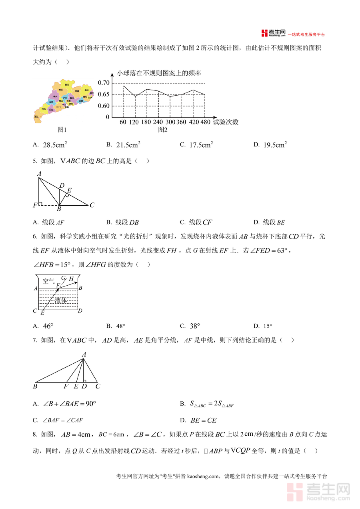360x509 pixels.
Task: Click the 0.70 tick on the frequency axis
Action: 103,83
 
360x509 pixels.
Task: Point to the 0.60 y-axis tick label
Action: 103,106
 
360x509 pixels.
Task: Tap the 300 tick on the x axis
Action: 170,122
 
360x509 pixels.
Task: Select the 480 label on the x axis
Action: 205,122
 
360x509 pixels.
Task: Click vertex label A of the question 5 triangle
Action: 39,174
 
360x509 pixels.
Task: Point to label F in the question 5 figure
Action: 35,206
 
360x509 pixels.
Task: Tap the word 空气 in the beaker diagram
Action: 49,281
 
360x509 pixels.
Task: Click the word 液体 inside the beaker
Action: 60,300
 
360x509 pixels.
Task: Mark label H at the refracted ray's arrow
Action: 71,279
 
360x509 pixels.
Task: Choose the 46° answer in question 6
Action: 48,326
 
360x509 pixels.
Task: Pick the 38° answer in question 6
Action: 195,326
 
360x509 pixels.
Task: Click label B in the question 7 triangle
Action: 35,387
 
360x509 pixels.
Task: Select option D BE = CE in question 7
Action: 204,420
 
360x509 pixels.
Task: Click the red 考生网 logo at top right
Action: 273,33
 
